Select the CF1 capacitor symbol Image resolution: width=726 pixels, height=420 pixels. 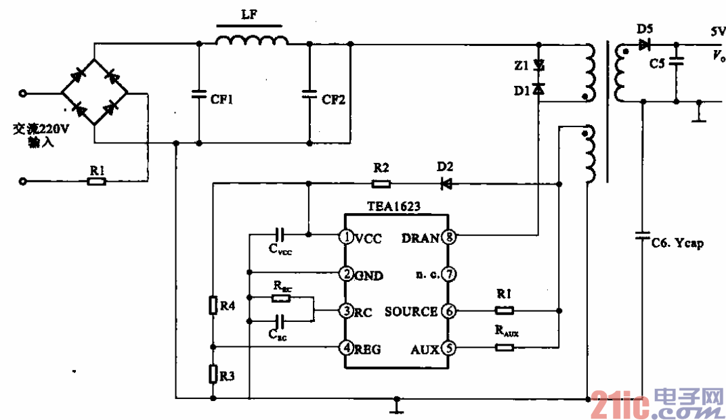199,94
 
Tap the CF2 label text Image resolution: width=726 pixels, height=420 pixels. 333,100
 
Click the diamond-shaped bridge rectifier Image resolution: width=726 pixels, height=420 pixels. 94,91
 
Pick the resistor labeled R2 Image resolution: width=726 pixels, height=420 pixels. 381,183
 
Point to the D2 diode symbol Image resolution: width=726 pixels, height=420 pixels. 445,183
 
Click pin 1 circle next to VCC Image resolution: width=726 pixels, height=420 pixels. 345,237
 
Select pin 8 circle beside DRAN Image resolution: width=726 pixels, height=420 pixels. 448,237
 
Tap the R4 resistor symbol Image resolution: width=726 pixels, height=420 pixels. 213,306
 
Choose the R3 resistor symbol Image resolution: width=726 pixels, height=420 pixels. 213,373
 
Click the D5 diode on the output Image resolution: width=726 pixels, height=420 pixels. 643,45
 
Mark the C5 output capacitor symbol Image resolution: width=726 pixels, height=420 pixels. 676,62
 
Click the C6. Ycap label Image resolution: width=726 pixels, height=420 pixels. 677,243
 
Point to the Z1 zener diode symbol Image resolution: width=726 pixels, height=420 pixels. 538,66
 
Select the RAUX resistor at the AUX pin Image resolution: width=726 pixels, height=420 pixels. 504,348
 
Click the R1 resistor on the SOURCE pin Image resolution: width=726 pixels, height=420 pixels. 504,311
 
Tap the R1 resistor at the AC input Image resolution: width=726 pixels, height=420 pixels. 97,182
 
